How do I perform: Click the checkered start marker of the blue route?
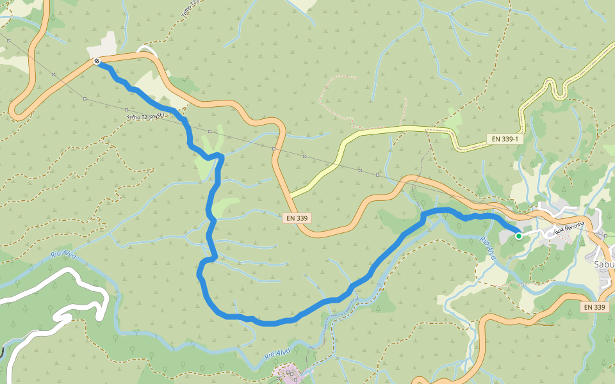click(x=97, y=61)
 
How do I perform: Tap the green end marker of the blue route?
click(x=519, y=236)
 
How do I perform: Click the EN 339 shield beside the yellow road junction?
click(x=297, y=218)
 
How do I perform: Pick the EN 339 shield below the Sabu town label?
click(x=594, y=307)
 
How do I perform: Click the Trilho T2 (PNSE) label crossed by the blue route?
click(x=146, y=116)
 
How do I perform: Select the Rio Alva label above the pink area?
click(x=277, y=353)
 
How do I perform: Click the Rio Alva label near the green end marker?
click(x=488, y=246)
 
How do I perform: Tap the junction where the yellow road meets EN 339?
click(x=290, y=195)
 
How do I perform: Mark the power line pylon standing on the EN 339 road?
click(x=274, y=149)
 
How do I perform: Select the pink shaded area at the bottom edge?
click(x=286, y=371)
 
